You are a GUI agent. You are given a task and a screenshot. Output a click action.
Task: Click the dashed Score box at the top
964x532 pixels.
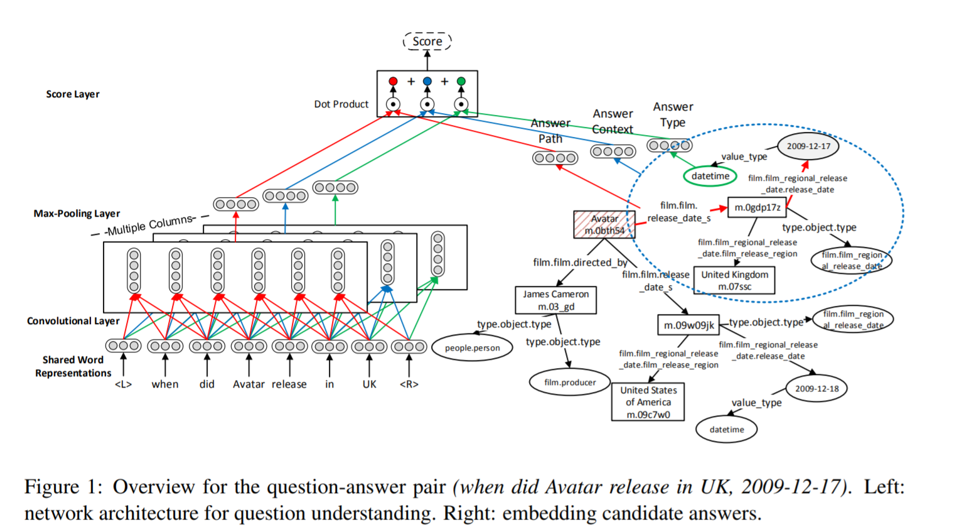427,41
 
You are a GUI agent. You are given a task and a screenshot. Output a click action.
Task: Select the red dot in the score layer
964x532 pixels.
393,81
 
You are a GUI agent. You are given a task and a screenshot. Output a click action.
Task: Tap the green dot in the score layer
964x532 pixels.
461,81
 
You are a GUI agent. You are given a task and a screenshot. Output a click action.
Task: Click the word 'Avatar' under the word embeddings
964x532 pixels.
249,384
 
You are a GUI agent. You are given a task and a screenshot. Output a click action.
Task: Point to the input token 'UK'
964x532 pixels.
369,384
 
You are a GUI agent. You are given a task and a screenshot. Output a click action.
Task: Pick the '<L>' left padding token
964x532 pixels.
123,384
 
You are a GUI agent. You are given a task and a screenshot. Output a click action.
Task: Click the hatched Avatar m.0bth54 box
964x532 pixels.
604,224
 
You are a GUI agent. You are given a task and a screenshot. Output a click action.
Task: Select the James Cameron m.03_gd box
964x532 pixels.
555,300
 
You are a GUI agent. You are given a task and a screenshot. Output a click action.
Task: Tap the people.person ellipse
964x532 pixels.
473,348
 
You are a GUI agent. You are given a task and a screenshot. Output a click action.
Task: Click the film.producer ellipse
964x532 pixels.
570,382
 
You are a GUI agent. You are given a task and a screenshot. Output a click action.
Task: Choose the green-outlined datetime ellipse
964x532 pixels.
710,176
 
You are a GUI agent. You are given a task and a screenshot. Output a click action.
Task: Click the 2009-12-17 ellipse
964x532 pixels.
808,146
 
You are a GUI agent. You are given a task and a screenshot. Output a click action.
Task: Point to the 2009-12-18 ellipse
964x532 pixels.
817,389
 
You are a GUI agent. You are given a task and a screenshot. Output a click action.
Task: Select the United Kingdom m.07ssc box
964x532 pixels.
734,280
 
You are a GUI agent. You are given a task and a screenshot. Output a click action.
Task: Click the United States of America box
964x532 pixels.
648,402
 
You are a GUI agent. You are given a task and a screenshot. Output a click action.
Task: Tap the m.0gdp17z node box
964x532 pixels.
757,207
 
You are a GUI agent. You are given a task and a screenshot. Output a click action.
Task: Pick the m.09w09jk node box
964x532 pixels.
688,325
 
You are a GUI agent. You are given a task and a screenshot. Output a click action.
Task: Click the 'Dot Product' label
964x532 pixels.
341,104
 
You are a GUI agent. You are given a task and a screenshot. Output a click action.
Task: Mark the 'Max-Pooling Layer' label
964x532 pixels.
77,214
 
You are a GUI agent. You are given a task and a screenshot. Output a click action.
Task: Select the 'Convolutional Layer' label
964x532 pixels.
73,321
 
